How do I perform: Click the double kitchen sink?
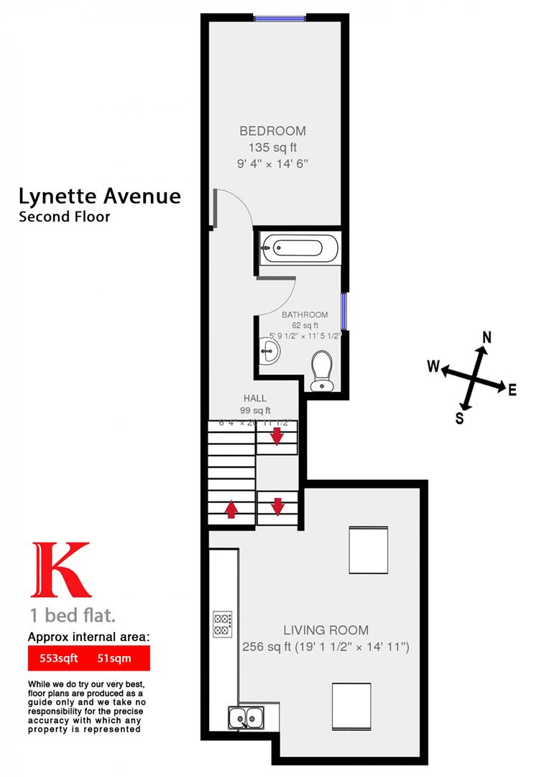pyautogui.click(x=246, y=716)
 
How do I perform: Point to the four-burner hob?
pyautogui.click(x=222, y=623)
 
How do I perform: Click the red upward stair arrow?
pyautogui.click(x=231, y=509)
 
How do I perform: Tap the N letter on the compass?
pyautogui.click(x=486, y=337)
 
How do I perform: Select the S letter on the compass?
pyautogui.click(x=459, y=417)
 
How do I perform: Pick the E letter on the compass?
pyautogui.click(x=512, y=390)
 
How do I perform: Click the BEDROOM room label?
pyautogui.click(x=272, y=131)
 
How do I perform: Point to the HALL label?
pyautogui.click(x=254, y=398)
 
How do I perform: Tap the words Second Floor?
pyautogui.click(x=65, y=216)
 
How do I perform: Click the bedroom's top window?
pyautogui.click(x=280, y=19)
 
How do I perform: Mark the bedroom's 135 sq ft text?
pyautogui.click(x=272, y=147)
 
